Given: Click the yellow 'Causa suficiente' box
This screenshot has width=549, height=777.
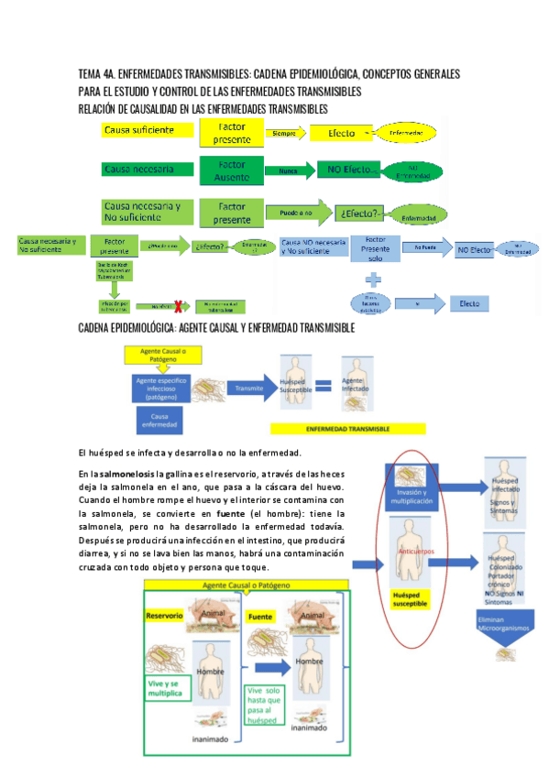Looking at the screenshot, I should coord(143,131).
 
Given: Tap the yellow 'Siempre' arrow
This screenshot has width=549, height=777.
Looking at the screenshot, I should coord(288,133).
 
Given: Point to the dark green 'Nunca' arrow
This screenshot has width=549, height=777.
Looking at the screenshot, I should coord(289,170).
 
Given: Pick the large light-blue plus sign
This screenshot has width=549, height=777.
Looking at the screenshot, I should coord(374,279).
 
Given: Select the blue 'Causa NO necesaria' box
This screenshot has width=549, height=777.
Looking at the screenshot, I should coord(313,246).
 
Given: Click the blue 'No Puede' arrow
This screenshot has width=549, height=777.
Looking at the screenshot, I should coord(426,247).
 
